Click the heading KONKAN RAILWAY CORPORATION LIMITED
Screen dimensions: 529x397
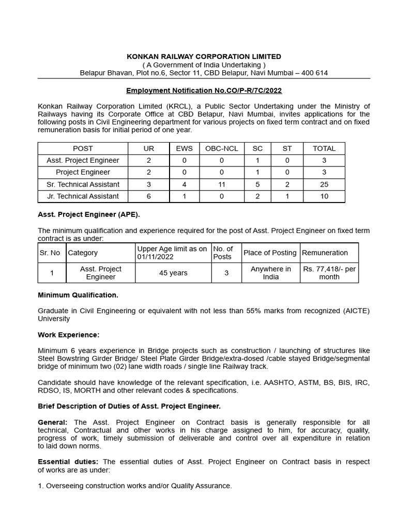[204, 56]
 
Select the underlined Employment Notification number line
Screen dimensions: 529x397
[204, 90]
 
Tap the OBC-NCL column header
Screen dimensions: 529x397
[222, 148]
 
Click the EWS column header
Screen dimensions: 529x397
[185, 148]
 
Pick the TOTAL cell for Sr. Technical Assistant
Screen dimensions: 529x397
[324, 184]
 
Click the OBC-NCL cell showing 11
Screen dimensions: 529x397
[222, 184]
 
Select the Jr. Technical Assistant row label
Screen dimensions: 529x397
[83, 196]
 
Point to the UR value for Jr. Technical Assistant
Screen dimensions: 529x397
[149, 196]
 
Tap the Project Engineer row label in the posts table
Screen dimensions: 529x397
[83, 172]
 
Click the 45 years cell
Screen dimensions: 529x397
[174, 273]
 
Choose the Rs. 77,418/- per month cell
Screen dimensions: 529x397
[329, 273]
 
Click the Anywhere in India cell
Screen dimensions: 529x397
[270, 273]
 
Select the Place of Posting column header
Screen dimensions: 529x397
[270, 253]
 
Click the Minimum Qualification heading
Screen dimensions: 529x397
[78, 295]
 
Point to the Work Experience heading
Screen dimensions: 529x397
[69, 335]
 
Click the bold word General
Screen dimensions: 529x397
[52, 422]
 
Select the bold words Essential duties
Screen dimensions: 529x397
[69, 461]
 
